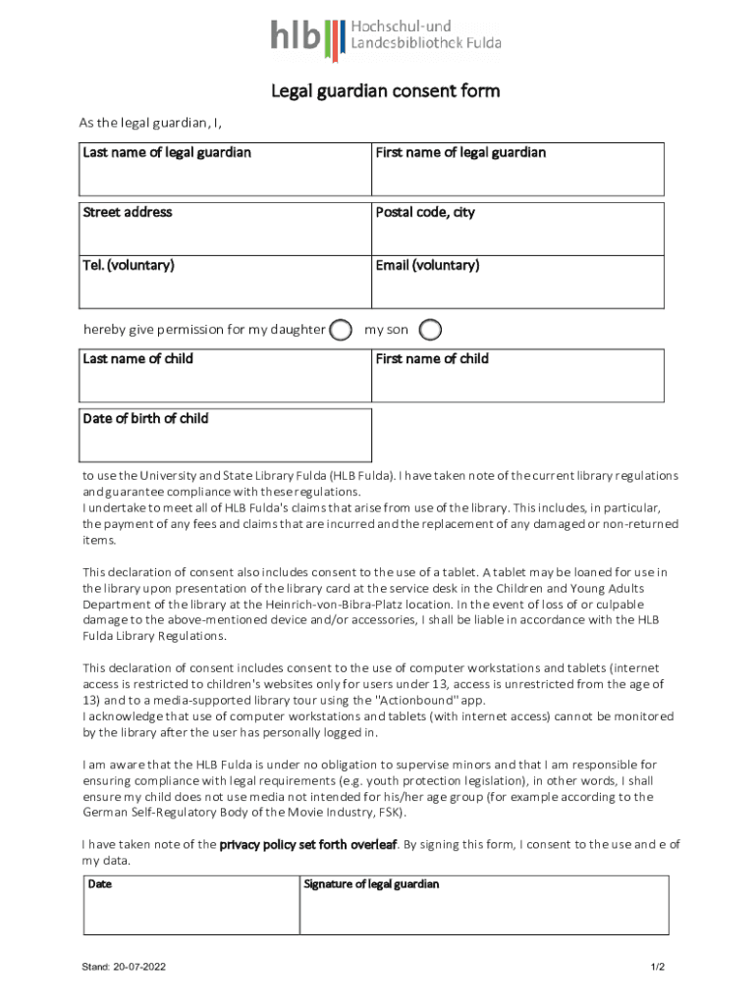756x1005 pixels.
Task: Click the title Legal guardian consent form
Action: pyautogui.click(x=386, y=91)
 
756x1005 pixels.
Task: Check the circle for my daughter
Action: pyautogui.click(x=341, y=330)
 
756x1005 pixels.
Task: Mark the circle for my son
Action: pyautogui.click(x=430, y=330)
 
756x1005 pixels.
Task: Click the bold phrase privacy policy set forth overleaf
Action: pyautogui.click(x=308, y=844)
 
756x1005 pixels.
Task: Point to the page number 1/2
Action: pyautogui.click(x=658, y=967)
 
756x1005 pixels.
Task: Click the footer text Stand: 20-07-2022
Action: pyautogui.click(x=125, y=967)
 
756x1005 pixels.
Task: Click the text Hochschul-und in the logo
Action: pyautogui.click(x=401, y=26)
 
